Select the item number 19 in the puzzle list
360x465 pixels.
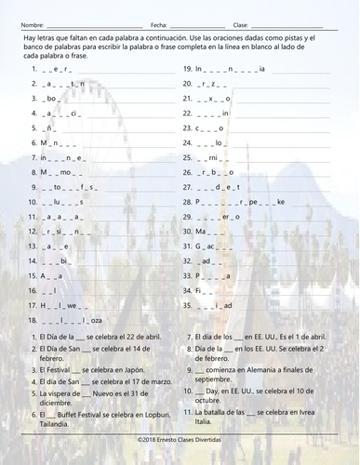coord(187,69)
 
